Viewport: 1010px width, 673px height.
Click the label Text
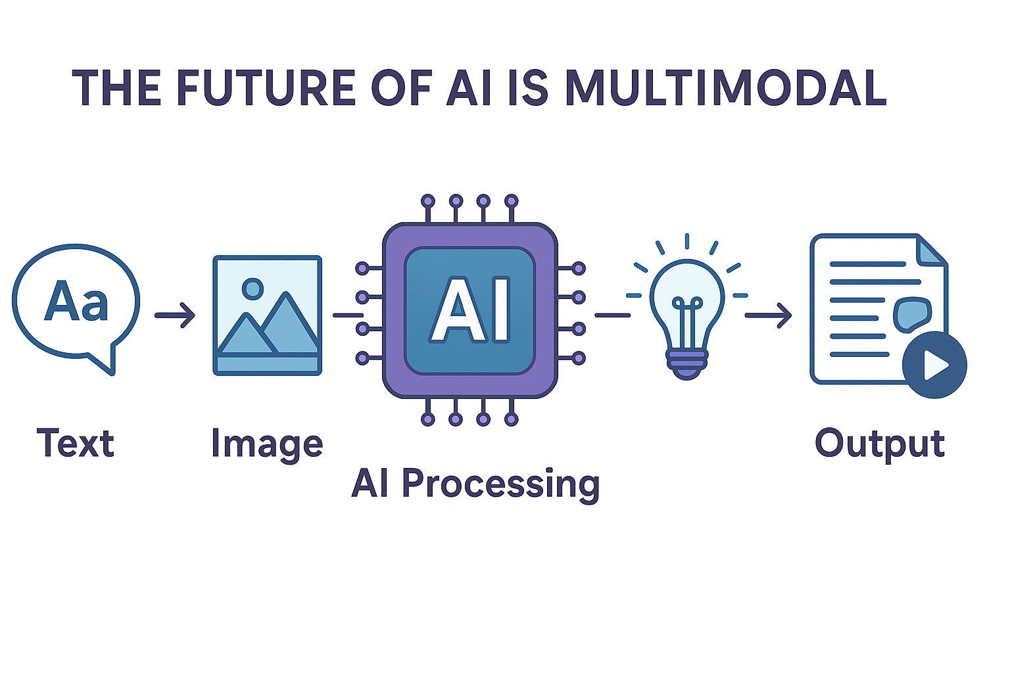[x=76, y=443]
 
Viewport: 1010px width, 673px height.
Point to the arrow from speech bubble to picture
[x=175, y=315]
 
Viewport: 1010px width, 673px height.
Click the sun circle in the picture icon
[x=252, y=288]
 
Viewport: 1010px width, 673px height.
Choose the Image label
[x=267, y=444]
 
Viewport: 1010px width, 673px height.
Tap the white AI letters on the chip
[x=470, y=310]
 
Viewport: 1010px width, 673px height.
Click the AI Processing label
[x=475, y=484]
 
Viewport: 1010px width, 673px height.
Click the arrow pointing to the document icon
[x=768, y=315]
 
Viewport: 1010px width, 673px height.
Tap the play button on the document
[x=934, y=365]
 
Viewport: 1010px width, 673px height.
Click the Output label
[x=880, y=444]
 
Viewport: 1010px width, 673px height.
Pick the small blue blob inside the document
[x=912, y=313]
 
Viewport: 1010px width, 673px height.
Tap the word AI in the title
[x=469, y=88]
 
